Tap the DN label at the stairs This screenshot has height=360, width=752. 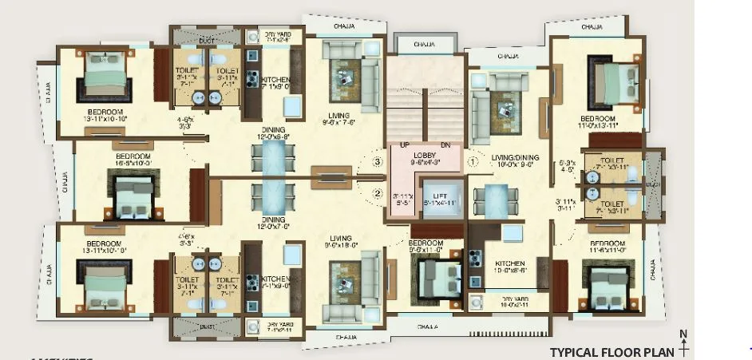(445, 144)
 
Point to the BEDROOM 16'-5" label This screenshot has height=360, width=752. (133, 156)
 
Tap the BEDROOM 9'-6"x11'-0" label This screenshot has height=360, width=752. (425, 243)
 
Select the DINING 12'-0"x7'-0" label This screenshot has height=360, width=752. (274, 221)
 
